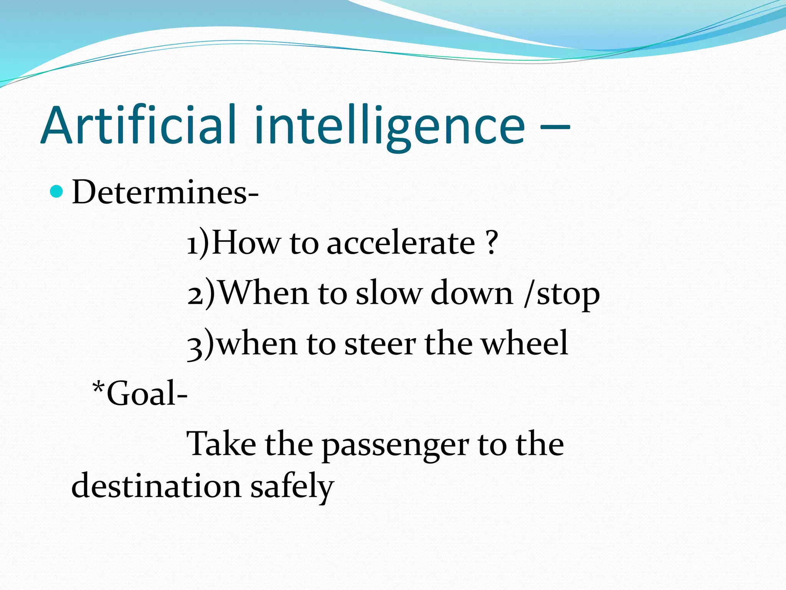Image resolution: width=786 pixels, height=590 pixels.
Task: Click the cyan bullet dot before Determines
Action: coord(56,191)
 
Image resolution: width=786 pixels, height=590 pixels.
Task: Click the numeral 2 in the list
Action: coord(197,293)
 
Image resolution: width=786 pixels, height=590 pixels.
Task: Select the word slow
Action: coord(388,293)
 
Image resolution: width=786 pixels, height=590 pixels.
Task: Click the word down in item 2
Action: coord(472,293)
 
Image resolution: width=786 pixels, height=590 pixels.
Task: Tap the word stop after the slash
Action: coord(568,295)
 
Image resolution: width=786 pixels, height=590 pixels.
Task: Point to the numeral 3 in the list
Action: coord(196,345)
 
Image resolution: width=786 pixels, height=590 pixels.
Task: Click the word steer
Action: coord(380,344)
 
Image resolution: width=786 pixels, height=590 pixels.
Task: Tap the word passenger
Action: coord(395,446)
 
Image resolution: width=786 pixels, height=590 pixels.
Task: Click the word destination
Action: coord(157,486)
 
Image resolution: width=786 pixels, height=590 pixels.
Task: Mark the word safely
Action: coord(292,487)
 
